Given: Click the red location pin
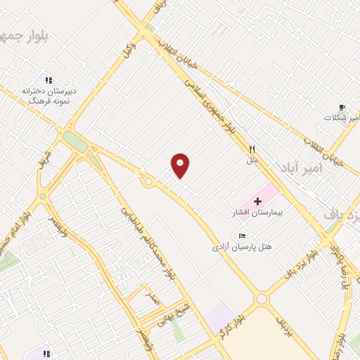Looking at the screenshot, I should point(181,165).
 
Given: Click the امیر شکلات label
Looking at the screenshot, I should point(341,117).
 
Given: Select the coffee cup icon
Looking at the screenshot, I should point(342,107).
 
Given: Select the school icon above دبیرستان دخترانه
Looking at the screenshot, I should point(49,80).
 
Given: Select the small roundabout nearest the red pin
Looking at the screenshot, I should point(148,182).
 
